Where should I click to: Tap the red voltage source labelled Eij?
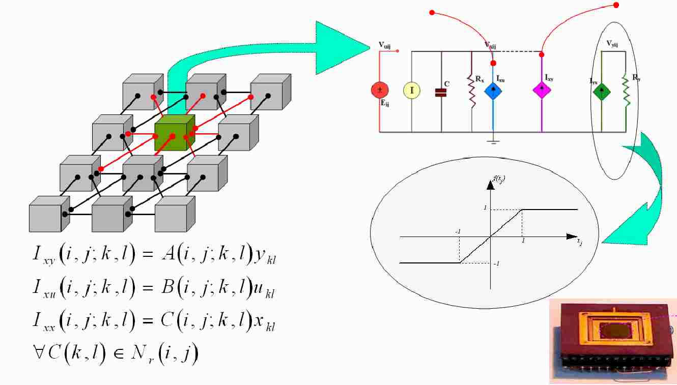[380, 91]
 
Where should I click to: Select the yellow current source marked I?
[411, 91]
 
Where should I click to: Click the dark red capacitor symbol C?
[441, 92]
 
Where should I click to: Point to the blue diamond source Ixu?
[493, 91]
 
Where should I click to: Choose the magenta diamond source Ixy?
[542, 89]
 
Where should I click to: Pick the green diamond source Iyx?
[602, 92]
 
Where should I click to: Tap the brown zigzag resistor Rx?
[472, 92]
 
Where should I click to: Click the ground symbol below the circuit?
[493, 140]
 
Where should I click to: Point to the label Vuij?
[385, 45]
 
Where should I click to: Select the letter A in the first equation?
[168, 256]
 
